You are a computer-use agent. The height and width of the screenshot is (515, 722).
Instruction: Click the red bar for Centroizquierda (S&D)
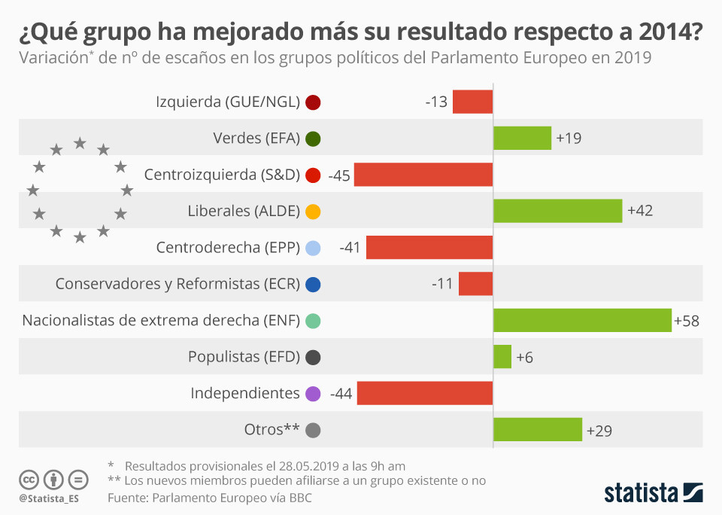(423, 175)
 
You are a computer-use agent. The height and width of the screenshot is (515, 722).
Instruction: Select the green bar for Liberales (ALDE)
(557, 211)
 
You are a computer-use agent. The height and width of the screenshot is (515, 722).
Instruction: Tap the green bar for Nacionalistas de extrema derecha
(582, 320)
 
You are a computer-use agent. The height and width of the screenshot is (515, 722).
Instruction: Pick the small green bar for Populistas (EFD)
(502, 357)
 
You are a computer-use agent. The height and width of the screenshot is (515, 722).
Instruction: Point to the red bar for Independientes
(425, 393)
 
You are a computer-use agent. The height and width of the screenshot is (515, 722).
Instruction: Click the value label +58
(687, 321)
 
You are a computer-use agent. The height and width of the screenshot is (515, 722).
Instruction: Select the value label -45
(340, 175)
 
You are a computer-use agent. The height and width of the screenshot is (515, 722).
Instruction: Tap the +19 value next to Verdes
(568, 139)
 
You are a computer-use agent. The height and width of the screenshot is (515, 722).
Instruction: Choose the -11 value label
(443, 284)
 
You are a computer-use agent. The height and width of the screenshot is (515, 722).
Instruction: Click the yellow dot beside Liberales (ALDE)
(314, 212)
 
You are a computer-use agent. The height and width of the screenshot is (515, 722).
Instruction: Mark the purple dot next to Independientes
(314, 394)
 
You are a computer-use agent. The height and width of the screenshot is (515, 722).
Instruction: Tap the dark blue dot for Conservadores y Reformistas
(314, 285)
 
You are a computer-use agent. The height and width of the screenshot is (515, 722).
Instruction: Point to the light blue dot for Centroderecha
(314, 248)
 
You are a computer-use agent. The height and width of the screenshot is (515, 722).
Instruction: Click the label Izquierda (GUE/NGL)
(228, 102)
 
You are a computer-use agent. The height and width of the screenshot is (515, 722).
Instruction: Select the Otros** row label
(272, 430)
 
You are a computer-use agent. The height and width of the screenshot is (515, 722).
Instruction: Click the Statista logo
(653, 492)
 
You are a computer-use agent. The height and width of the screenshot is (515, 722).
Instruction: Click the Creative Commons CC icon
(29, 479)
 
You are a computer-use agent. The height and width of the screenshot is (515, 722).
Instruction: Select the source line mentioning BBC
(210, 498)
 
